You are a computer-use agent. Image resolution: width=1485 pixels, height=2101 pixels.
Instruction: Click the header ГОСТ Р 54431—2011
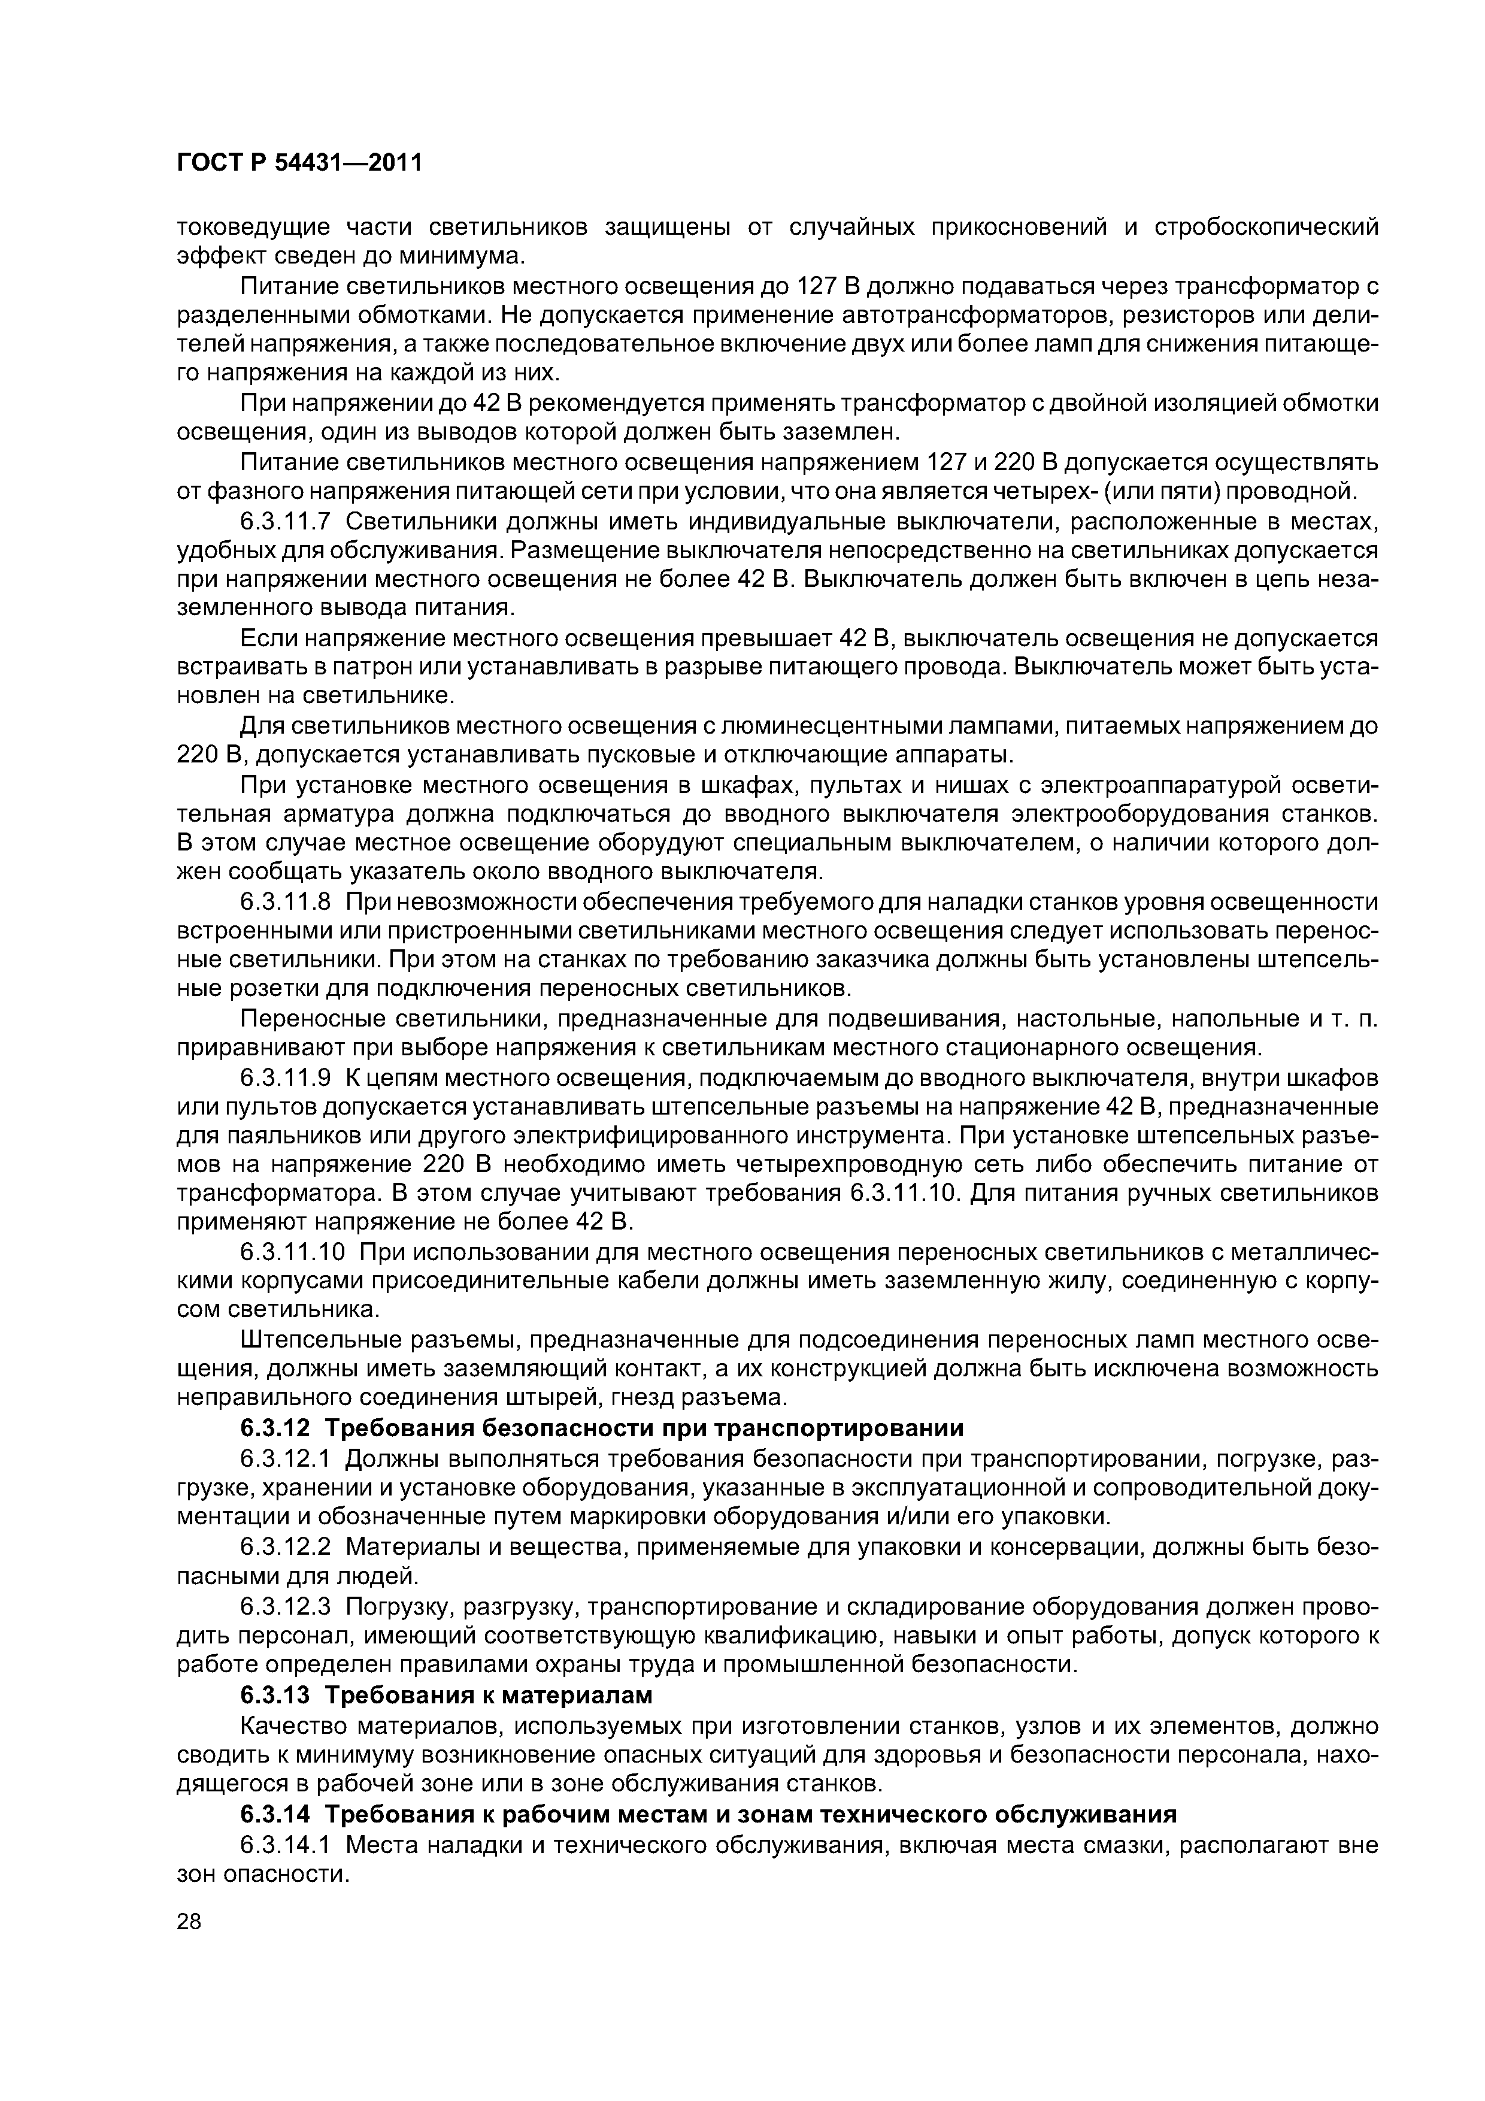click(299, 164)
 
